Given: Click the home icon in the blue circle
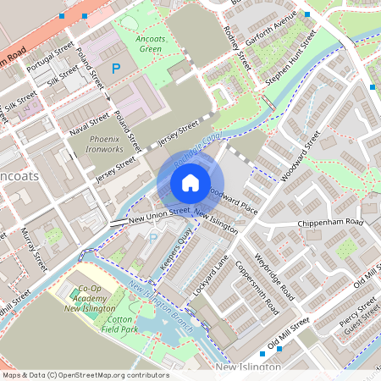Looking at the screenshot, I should [x=190, y=183].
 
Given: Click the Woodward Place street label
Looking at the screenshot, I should [x=233, y=199].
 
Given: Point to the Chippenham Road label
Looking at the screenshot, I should [x=329, y=223].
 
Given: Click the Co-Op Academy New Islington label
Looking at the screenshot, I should [x=89, y=299].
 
